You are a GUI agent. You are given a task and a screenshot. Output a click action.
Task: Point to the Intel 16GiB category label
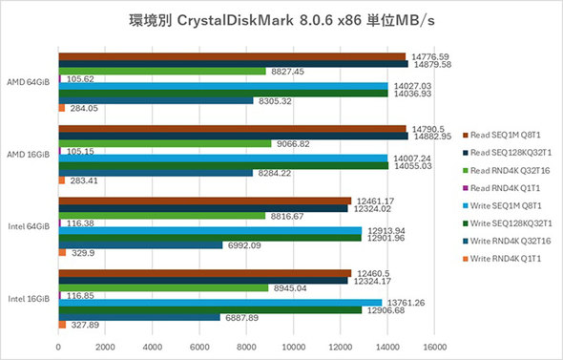(31, 300)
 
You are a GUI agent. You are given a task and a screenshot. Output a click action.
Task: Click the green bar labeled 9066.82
(165, 143)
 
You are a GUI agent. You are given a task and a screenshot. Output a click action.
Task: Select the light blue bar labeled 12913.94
(210, 230)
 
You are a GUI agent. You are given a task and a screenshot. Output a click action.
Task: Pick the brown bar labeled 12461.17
(205, 201)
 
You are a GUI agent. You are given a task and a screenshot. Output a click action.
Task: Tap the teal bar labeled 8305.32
(156, 100)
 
